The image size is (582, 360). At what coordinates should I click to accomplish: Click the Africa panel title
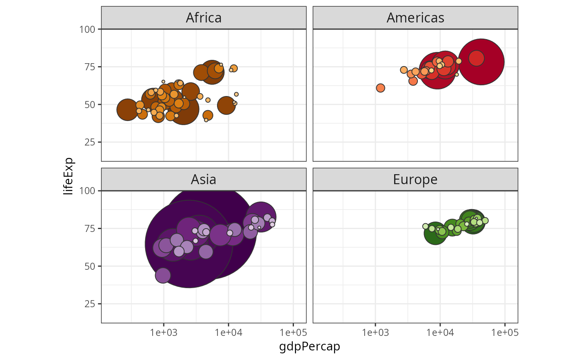204,18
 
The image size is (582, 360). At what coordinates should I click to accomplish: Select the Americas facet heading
415,18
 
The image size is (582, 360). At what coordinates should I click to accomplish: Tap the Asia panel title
204,179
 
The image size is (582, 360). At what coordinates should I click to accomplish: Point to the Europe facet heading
415,179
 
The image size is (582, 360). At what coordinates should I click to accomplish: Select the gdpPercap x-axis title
310,346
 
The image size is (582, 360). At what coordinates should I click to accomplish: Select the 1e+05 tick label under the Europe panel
504,333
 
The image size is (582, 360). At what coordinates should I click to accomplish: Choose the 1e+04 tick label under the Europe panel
440,333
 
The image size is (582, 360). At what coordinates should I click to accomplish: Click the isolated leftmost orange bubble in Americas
380,88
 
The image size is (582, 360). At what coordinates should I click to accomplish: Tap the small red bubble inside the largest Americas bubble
476,58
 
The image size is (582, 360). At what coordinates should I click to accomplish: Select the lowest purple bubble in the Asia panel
163,275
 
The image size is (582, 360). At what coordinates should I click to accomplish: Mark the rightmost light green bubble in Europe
485,221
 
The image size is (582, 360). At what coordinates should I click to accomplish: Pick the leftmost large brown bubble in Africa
127,110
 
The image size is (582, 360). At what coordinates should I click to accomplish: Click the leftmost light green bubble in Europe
425,227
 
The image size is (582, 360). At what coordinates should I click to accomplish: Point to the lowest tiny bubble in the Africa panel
206,120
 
